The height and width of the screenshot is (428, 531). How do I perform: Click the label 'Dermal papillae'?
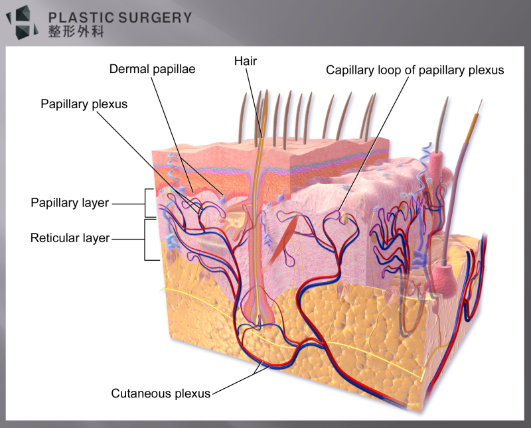point(152,69)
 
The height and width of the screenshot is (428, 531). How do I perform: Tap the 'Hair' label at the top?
point(245,61)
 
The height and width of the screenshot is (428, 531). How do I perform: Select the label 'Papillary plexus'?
point(84,104)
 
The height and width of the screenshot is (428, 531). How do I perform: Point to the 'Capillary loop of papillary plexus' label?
point(415,70)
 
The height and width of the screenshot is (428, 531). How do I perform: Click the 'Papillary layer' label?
point(70,203)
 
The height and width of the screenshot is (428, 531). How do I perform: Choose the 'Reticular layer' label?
point(70,238)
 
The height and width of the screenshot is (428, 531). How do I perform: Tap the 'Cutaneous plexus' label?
point(161,393)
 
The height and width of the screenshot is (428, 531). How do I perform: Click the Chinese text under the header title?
point(76,32)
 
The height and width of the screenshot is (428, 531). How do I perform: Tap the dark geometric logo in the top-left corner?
point(23,22)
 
